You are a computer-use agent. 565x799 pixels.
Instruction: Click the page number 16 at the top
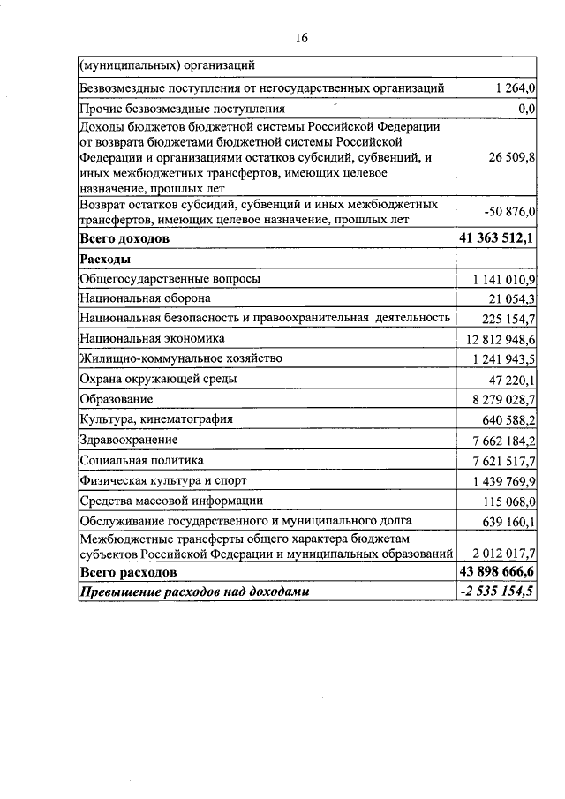point(300,37)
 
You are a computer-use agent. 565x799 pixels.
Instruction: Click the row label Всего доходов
point(124,238)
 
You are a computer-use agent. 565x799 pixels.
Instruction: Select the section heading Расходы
point(105,259)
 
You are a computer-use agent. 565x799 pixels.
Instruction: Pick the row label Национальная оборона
point(145,299)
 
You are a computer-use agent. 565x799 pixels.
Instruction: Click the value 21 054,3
point(513,300)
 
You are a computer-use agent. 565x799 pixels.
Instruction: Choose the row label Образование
point(116,400)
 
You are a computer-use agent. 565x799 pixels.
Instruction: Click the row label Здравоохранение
point(128,440)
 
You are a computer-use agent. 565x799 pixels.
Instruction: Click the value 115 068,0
point(510,501)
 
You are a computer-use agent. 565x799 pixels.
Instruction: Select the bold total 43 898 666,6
point(498,573)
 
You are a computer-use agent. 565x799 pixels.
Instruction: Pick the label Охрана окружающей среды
point(157,379)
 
